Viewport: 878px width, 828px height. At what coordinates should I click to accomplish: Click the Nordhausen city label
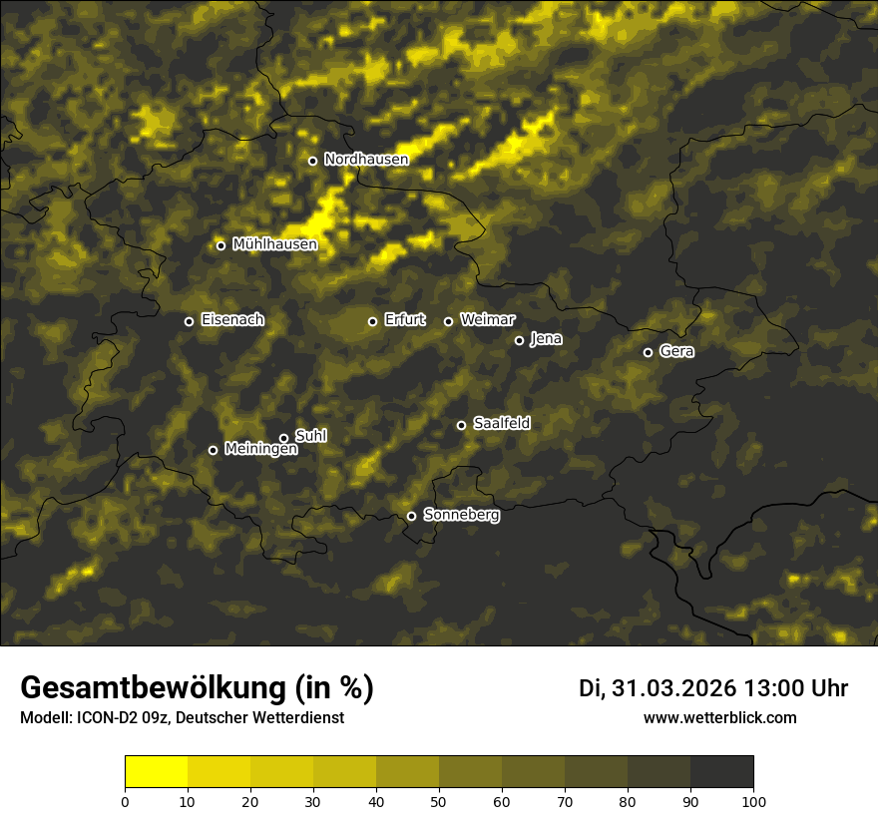pos(366,160)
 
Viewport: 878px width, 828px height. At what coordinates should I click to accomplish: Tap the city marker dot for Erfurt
pos(372,321)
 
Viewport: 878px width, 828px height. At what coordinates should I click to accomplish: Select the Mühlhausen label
pos(274,244)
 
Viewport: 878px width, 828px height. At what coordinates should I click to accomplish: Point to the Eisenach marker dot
pos(189,321)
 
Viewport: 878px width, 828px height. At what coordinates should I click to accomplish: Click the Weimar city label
pos(487,320)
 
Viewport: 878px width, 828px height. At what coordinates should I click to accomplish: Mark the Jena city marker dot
pos(519,340)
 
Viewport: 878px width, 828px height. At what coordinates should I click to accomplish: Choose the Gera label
pos(676,351)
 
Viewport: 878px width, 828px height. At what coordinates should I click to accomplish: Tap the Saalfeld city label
pos(501,424)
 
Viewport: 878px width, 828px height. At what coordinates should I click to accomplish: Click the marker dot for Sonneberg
pos(411,516)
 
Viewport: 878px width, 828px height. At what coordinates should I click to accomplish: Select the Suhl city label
pos(310,436)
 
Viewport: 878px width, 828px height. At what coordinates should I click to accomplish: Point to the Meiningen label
pos(260,450)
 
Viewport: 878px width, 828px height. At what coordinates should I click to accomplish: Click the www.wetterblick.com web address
pos(719,718)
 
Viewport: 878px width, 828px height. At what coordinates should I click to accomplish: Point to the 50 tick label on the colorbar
pos(439,801)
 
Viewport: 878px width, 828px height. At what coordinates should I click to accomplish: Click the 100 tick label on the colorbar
pos(753,801)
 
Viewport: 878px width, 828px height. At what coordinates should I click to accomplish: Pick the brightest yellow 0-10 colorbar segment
pos(156,772)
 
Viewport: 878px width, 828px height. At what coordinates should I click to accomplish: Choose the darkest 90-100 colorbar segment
pos(721,772)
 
